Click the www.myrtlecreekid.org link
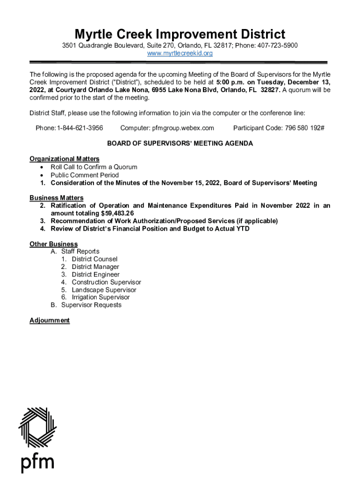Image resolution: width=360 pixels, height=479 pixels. pos(180,53)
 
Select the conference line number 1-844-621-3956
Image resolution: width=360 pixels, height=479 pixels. pos(80,128)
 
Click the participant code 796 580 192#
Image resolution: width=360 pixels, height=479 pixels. pos(304,128)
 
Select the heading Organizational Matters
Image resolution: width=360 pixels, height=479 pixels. pos(64,159)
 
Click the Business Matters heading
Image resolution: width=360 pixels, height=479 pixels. pos(56,198)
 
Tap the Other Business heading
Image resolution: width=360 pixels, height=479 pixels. pos(53,244)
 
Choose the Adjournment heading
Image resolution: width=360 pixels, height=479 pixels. pos(50,320)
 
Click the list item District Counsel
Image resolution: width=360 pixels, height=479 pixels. pos(94,259)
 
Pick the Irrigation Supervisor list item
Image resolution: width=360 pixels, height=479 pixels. pos(101,297)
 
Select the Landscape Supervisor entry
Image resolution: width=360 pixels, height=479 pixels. pos(104,290)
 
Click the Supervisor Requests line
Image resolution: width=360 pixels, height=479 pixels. pos(91,305)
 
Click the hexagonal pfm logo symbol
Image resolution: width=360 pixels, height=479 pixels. pos(37,427)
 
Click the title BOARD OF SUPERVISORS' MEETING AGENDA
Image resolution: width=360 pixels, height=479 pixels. pos(180,144)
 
